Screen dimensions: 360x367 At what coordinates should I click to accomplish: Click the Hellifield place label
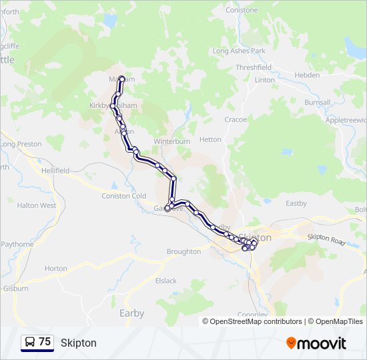click(x=53, y=171)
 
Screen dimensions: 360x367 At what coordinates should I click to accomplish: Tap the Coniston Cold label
click(x=123, y=195)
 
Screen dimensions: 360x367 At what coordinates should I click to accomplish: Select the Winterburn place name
click(x=172, y=141)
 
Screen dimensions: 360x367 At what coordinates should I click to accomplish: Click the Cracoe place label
click(x=236, y=119)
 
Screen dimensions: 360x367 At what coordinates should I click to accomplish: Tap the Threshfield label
click(x=253, y=67)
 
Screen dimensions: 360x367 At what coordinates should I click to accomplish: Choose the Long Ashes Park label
click(x=239, y=51)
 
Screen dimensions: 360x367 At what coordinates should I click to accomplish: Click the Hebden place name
click(x=307, y=75)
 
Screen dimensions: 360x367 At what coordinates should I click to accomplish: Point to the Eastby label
click(x=296, y=203)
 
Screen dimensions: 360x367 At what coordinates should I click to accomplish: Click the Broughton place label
click(x=183, y=251)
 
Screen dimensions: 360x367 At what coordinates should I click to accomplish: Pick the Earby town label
click(x=131, y=313)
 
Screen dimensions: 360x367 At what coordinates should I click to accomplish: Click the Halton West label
click(x=37, y=205)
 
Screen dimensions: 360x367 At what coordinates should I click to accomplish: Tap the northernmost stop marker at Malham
click(x=122, y=79)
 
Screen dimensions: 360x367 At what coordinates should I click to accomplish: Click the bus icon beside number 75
click(x=30, y=342)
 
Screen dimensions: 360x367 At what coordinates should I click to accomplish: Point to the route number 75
click(x=45, y=341)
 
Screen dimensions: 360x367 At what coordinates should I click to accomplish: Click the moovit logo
click(x=316, y=343)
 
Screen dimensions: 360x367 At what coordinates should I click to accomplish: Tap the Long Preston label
click(x=21, y=144)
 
